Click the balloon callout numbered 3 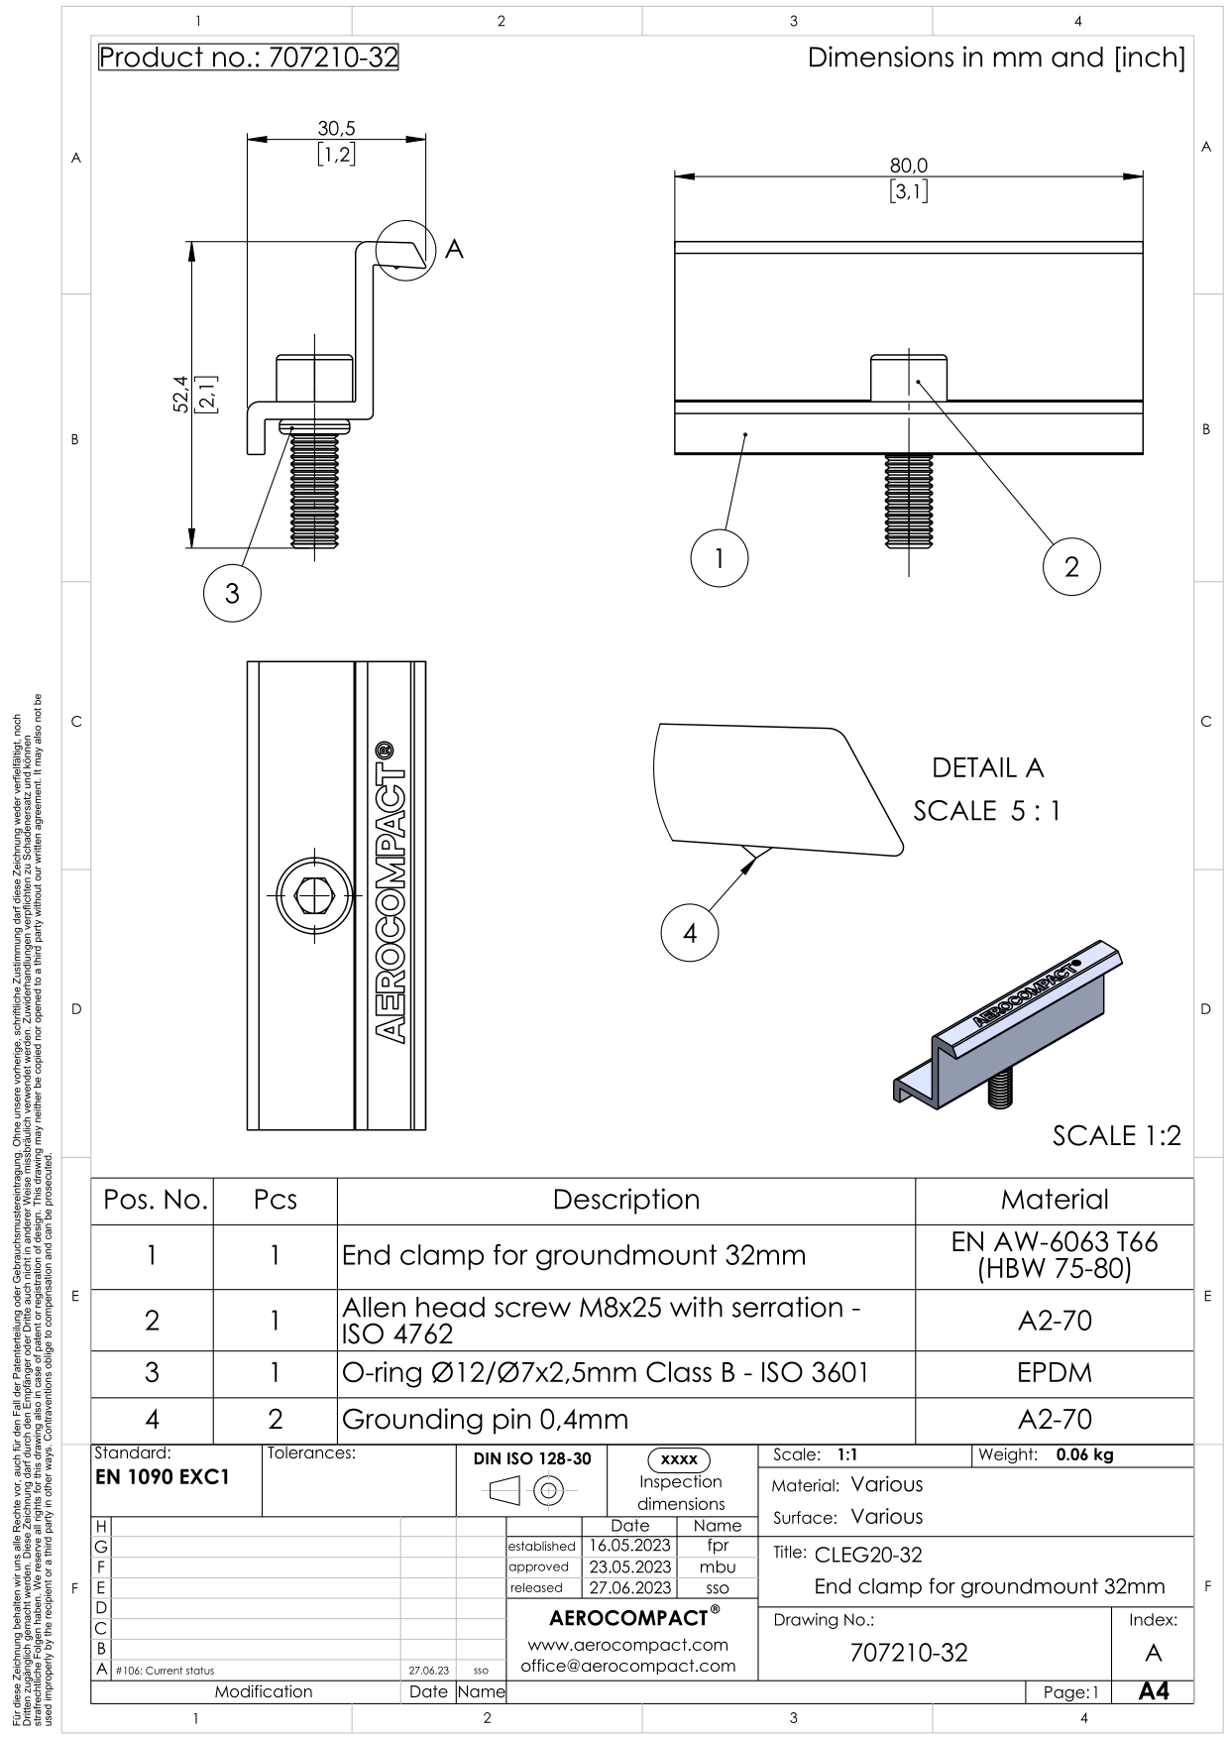click(232, 594)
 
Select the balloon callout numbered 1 click(720, 557)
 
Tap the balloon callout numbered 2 click(1071, 567)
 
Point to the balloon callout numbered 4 click(690, 932)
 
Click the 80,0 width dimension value click(909, 166)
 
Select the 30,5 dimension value click(336, 128)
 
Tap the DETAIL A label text click(987, 768)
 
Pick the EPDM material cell click(1054, 1373)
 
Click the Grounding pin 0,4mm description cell click(485, 1420)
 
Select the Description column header click(625, 1200)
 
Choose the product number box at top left click(249, 58)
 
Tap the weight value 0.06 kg click(1083, 1455)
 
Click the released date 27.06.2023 click(630, 1587)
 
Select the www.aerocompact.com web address click(628, 1645)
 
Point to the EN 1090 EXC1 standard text click(162, 1477)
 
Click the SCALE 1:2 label click(1116, 1136)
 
